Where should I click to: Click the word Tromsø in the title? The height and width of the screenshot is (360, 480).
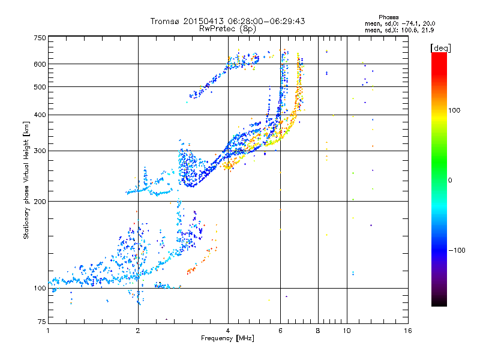pos(165,21)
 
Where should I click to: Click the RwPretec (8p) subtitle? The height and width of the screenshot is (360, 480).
pos(227,29)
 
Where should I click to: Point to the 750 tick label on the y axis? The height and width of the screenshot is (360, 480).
pos(40,38)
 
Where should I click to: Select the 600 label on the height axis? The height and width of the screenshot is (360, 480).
pos(40,64)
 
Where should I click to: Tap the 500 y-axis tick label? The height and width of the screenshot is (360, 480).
pos(40,87)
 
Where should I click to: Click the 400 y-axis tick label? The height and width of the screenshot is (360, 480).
pos(40,115)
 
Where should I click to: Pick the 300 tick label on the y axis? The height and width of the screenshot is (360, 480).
pos(40,151)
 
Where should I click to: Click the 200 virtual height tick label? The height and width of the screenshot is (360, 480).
pos(40,202)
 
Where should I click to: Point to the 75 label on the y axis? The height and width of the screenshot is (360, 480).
pos(42,322)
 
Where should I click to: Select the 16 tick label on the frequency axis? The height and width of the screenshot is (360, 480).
pos(408,331)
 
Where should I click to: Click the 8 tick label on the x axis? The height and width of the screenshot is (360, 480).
pos(318,331)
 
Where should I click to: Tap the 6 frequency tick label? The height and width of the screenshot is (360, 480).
pos(280,331)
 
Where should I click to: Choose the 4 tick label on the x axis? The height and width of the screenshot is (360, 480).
pos(228,331)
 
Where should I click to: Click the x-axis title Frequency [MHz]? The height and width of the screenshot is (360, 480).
pos(227,338)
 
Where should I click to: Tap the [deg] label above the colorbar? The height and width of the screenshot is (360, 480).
pos(440,48)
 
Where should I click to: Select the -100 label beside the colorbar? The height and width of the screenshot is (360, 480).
pos(457,250)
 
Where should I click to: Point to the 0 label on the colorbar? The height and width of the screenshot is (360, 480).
pos(450,181)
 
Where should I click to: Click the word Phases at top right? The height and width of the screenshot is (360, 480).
pos(388,17)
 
